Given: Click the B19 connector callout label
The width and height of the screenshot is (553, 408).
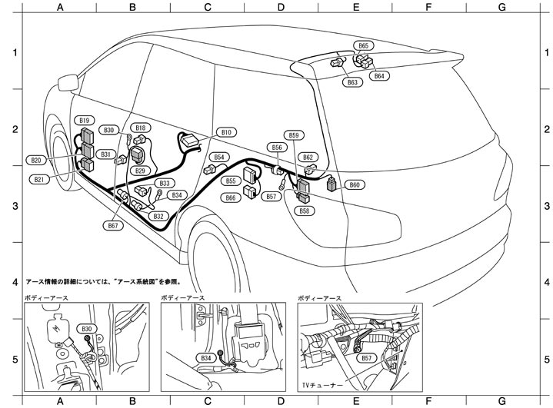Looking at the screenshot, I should pyautogui.click(x=85, y=121).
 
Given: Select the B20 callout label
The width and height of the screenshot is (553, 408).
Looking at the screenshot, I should pyautogui.click(x=36, y=160).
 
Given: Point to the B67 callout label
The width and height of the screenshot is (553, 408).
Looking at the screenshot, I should pyautogui.click(x=114, y=226).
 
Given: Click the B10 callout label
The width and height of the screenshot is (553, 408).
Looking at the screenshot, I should pyautogui.click(x=226, y=132).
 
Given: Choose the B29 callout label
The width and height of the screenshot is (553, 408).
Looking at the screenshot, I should pyautogui.click(x=140, y=171).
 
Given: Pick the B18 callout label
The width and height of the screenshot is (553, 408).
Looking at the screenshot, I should pyautogui.click(x=140, y=128).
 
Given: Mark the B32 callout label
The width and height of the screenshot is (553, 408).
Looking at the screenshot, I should pyautogui.click(x=158, y=217).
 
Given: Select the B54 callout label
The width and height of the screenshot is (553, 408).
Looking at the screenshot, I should pyautogui.click(x=219, y=157).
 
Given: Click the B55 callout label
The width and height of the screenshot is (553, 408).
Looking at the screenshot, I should pyautogui.click(x=231, y=181).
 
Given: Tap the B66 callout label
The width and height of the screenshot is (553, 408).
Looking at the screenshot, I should pyautogui.click(x=231, y=197).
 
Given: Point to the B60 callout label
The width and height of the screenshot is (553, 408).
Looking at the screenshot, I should pyautogui.click(x=354, y=185).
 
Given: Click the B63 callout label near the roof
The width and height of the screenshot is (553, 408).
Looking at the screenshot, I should pyautogui.click(x=351, y=81).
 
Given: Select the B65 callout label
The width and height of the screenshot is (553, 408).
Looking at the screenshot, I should pyautogui.click(x=363, y=46).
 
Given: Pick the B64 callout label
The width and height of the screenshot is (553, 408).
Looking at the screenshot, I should pyautogui.click(x=379, y=76).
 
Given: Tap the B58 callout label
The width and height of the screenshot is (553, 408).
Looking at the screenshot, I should pyautogui.click(x=305, y=211).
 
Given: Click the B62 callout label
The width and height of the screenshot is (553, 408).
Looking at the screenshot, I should pyautogui.click(x=308, y=157).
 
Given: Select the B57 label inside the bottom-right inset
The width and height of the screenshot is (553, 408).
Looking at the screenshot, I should pyautogui.click(x=367, y=358).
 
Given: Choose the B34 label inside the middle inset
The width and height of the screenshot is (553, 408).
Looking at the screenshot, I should pyautogui.click(x=205, y=358).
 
